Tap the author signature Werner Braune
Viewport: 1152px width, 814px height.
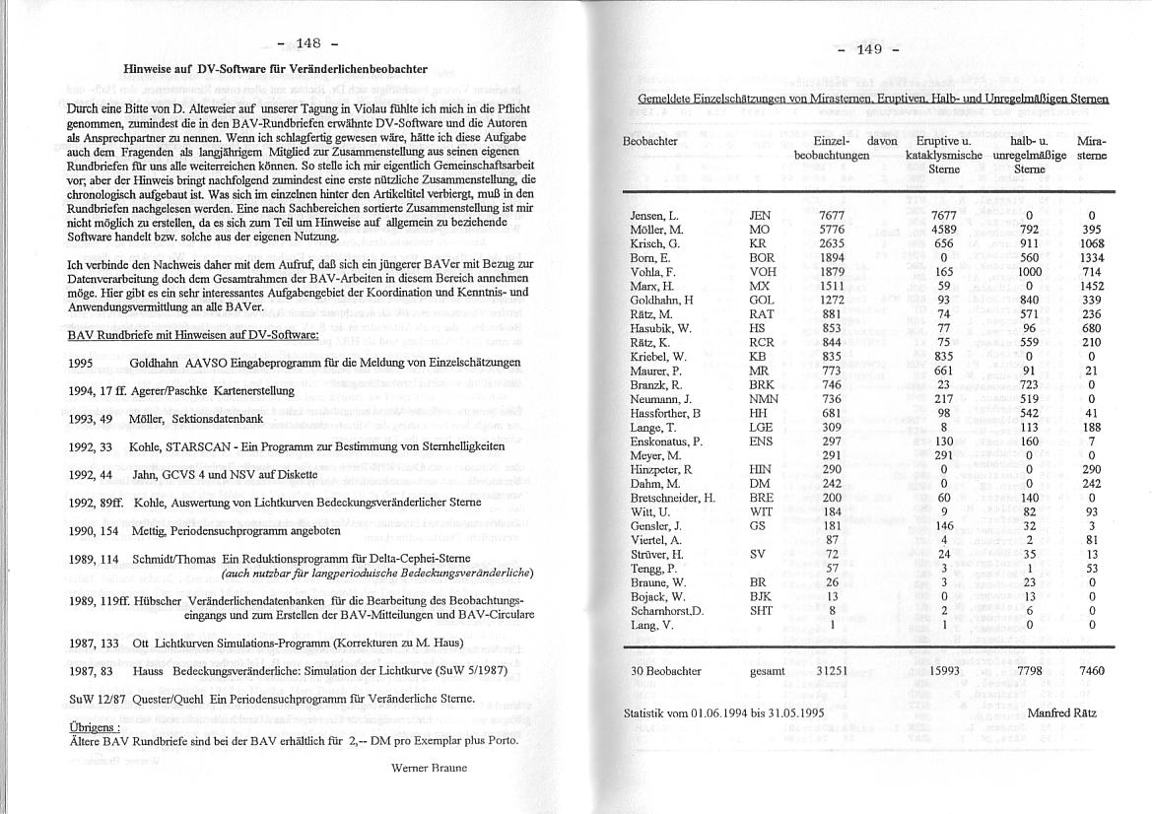(429, 767)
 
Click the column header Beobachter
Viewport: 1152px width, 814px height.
(650, 142)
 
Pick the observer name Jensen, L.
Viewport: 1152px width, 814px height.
(654, 215)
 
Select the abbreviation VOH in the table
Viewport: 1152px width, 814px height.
(763, 271)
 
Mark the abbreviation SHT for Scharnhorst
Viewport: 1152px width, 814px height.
(761, 610)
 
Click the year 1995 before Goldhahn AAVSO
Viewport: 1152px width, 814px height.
(82, 363)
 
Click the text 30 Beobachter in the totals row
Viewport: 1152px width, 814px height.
(665, 671)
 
